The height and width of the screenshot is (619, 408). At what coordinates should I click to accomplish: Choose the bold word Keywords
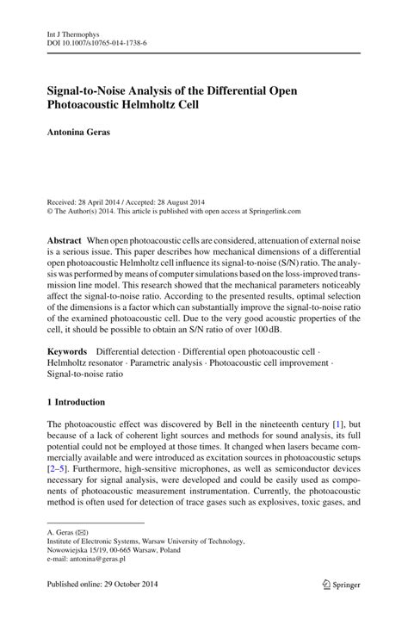tap(67, 352)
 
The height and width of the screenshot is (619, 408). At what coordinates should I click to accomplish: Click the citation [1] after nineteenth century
tap(338, 425)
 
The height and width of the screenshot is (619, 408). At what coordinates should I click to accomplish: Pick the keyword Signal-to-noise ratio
tap(84, 376)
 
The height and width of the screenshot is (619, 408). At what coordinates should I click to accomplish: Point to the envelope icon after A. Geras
tap(83, 535)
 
